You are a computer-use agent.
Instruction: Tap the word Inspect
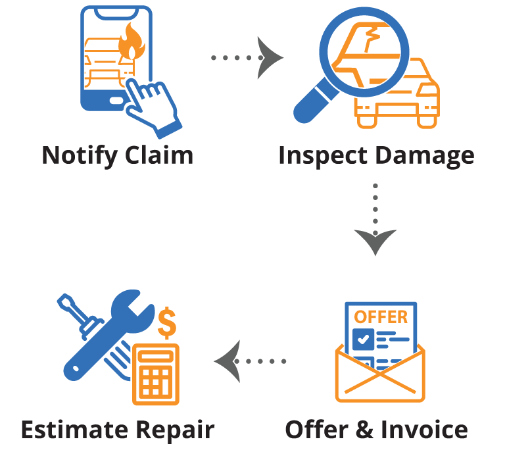point(322,156)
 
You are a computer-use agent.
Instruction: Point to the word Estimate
point(73,430)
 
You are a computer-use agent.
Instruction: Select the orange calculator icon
point(156,373)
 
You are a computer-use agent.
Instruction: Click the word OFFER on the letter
point(381,316)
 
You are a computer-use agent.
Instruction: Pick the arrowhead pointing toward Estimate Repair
point(226,361)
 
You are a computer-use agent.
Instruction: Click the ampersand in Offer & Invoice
point(363,430)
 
